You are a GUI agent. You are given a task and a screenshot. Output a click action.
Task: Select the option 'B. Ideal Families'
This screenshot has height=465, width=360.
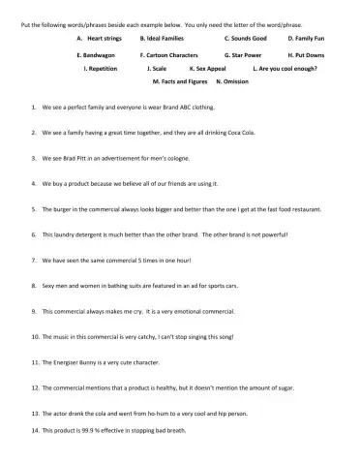pyautogui.click(x=163, y=38)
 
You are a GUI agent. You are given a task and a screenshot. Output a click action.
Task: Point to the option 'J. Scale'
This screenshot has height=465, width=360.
pyautogui.click(x=156, y=70)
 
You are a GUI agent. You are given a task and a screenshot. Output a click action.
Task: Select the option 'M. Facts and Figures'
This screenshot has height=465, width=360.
pyautogui.click(x=181, y=83)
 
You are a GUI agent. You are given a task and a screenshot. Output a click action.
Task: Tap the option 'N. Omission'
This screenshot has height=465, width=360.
pyautogui.click(x=232, y=83)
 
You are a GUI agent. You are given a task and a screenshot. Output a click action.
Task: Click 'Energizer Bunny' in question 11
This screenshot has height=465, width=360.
pyautogui.click(x=95, y=362)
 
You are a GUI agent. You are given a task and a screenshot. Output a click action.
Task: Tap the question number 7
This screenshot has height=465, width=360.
pyautogui.click(x=34, y=259)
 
